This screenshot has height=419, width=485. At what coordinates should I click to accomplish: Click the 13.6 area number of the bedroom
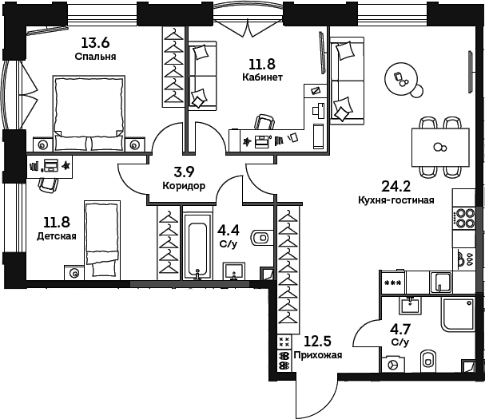click(95, 44)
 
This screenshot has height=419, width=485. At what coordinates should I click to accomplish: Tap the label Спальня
click(95, 57)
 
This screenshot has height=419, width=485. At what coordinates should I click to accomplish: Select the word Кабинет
click(263, 77)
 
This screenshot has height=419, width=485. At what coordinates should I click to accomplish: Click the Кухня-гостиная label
click(396, 200)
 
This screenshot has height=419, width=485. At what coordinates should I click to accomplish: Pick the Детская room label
click(57, 236)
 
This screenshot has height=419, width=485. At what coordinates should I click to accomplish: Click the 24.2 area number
click(396, 187)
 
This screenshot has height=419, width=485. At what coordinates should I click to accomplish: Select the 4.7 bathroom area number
click(400, 329)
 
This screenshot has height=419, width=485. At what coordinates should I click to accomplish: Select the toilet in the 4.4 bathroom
click(261, 238)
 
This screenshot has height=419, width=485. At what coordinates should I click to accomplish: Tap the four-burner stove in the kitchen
click(463, 218)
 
